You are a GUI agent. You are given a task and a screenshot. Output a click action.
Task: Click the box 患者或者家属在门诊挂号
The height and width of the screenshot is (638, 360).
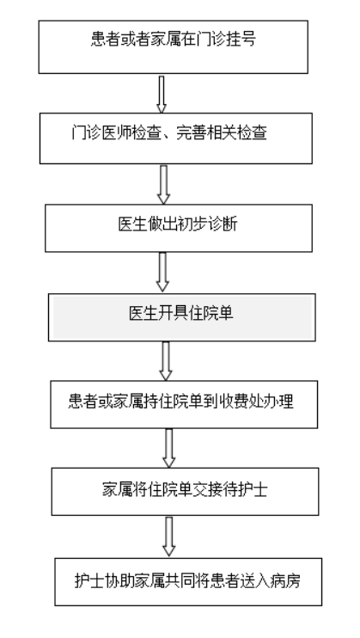tap(174, 47)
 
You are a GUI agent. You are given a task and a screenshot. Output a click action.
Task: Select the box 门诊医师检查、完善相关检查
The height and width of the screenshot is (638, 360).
tap(176, 138)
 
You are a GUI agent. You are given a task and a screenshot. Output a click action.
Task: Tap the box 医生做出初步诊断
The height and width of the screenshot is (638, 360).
tap(179, 228)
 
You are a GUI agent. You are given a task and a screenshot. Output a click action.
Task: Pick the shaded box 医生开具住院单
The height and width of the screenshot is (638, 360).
tap(182, 317)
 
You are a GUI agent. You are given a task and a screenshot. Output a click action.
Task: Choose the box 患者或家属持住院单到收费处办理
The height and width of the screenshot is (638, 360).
tap(184, 404)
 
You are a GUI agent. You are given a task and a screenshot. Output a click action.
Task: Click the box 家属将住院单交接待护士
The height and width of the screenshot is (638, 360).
tap(185, 492)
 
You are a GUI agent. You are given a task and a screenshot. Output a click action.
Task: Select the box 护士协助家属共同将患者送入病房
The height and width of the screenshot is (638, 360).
tap(188, 582)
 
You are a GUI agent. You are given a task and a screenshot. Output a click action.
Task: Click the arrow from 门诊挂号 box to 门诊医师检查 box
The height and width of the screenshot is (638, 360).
tap(162, 95)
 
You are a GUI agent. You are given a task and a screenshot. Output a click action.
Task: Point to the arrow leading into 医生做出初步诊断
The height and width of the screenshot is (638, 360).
tap(163, 185)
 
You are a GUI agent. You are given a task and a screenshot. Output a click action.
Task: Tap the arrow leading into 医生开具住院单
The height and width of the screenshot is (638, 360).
tap(162, 272)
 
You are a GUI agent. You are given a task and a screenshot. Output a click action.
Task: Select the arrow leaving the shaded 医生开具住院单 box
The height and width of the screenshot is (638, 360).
tap(166, 361)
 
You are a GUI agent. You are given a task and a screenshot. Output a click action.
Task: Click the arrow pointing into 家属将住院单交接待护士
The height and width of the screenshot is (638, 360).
tap(168, 448)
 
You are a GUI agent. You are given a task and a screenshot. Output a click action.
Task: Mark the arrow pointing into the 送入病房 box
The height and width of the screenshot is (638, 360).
tap(168, 537)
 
